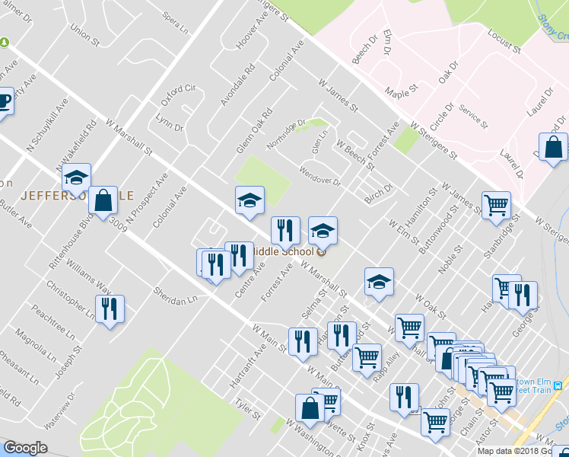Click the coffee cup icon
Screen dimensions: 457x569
click(5, 101)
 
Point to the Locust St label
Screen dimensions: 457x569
click(504, 44)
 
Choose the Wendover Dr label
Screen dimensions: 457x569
click(320, 176)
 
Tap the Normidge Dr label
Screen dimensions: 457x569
click(285, 134)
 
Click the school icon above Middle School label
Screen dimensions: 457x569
click(323, 229)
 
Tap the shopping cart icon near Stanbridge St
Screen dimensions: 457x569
click(496, 203)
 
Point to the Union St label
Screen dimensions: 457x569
click(84, 33)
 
